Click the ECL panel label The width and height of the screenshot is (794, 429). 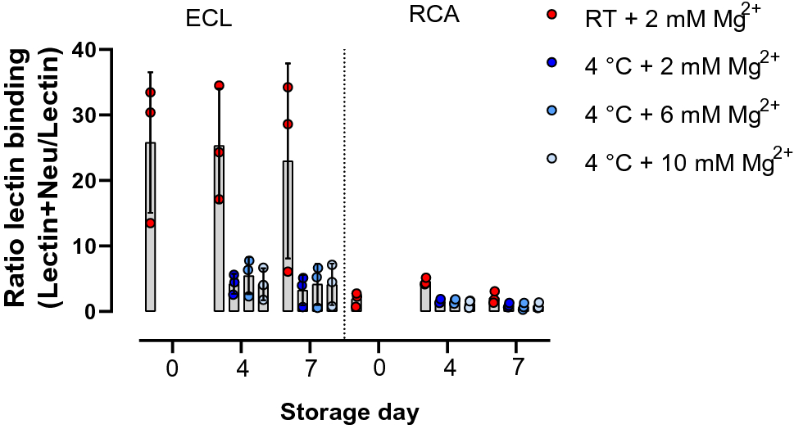pyautogui.click(x=209, y=20)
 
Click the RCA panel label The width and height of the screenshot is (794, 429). pyautogui.click(x=434, y=16)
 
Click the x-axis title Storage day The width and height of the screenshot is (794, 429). pyautogui.click(x=350, y=411)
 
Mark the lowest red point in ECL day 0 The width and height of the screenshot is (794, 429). pyautogui.click(x=150, y=223)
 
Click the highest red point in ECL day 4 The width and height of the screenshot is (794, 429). pyautogui.click(x=219, y=85)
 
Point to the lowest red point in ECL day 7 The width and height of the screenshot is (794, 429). pyautogui.click(x=288, y=271)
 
